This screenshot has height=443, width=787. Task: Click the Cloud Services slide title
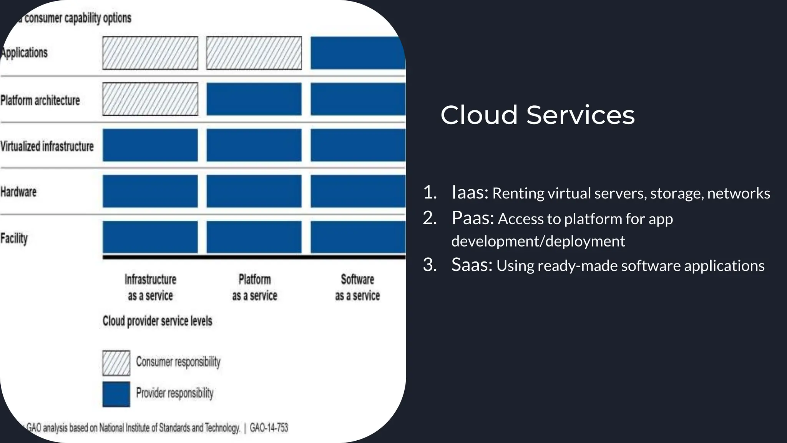537,115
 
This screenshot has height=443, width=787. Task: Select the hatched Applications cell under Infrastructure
150,53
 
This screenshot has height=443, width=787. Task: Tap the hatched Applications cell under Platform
254,53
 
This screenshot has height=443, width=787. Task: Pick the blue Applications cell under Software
358,53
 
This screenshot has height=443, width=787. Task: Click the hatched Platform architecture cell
150,99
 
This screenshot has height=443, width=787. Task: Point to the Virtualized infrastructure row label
47,146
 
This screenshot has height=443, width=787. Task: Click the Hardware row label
18,192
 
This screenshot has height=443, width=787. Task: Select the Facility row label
14,238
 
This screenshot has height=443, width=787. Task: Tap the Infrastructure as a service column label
150,287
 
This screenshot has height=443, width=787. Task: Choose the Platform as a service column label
254,287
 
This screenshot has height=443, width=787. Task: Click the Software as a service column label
357,287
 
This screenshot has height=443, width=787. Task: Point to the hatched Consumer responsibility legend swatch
116,363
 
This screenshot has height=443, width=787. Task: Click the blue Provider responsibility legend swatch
116,394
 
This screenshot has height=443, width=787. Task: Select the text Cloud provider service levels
157,321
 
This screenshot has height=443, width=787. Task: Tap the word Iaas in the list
470,192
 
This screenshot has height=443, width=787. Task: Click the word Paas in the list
472,218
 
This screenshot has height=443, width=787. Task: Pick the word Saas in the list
472,265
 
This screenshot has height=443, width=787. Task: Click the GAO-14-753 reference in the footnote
269,428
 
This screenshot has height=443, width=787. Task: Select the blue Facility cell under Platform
254,237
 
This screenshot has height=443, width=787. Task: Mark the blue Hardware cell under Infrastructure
150,191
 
